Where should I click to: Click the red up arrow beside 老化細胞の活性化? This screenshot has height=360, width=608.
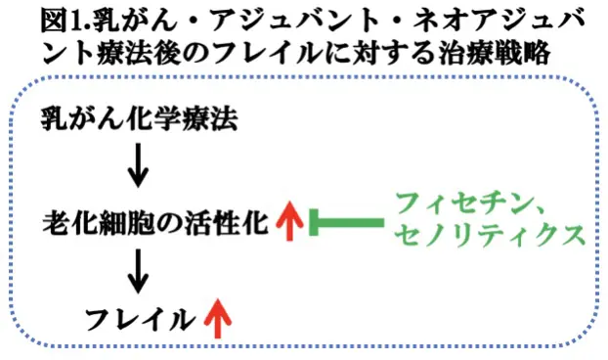coord(288,222)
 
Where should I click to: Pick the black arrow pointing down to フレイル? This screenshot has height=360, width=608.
coord(139,268)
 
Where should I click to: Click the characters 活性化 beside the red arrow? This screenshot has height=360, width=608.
coord(235,222)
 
